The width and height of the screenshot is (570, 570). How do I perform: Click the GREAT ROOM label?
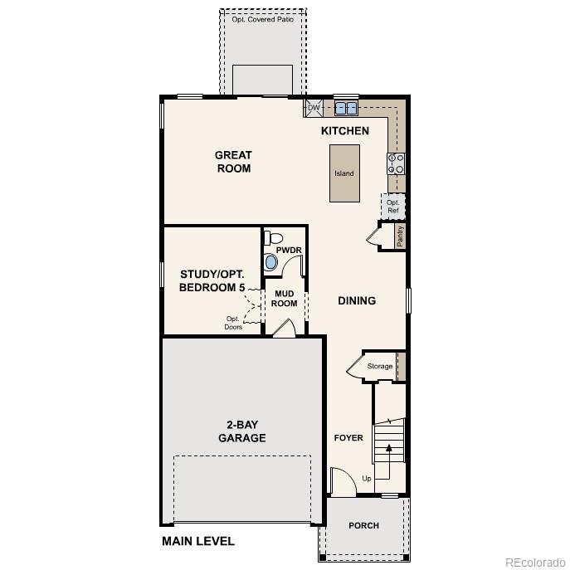233,162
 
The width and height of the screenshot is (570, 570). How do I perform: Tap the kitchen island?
344,173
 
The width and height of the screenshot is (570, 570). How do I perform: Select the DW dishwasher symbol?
314,108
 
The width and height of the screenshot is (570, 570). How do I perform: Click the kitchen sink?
347,108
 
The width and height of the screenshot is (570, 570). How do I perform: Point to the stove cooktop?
395,163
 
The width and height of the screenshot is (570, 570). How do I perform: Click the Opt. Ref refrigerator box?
392,206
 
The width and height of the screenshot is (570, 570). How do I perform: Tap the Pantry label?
400,236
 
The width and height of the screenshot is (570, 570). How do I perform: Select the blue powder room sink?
271,262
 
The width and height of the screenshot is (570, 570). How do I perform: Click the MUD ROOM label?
284,298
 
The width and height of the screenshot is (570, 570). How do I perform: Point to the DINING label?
357,301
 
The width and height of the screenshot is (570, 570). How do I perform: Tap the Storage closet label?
379,366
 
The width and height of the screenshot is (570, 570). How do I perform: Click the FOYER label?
348,437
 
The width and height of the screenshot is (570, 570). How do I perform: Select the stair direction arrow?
387,450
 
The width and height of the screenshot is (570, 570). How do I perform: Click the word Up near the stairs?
367,478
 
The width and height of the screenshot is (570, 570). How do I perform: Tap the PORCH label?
363,526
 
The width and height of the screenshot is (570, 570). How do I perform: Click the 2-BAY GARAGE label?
241,431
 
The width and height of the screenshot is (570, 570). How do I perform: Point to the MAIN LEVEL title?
197,542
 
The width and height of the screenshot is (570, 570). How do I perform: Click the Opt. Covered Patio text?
262,18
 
